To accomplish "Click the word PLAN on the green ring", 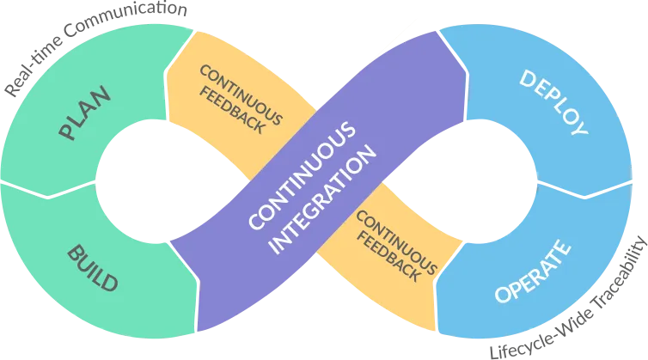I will click(x=83, y=118).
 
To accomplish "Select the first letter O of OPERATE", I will click(x=504, y=295).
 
